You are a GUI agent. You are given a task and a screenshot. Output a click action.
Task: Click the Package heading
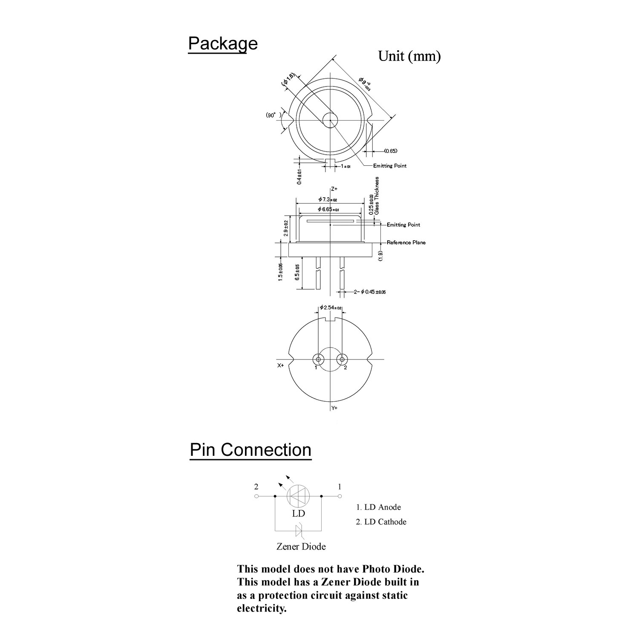click(223, 44)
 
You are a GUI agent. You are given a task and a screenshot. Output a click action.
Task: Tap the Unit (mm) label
click(409, 56)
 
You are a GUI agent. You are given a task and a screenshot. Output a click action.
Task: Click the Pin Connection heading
click(250, 450)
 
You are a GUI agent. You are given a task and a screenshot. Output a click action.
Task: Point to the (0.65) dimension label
click(390, 151)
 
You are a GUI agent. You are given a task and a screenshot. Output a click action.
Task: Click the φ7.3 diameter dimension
click(328, 199)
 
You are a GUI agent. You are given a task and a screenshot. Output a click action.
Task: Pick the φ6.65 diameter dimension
click(328, 209)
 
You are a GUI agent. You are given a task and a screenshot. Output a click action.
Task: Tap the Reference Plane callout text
click(406, 242)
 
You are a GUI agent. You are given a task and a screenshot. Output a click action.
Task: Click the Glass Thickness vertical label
click(377, 196)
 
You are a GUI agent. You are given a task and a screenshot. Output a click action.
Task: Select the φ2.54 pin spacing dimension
click(331, 308)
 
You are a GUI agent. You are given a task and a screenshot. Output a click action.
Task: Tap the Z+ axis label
click(334, 188)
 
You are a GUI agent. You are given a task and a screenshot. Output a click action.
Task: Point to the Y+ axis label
click(334, 408)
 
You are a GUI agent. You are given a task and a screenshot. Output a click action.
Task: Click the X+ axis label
click(281, 366)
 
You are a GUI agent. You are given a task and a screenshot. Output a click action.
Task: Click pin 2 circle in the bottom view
click(341, 359)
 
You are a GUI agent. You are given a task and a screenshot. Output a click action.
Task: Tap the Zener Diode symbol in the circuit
click(299, 531)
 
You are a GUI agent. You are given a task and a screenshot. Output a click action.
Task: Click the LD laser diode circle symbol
click(298, 496)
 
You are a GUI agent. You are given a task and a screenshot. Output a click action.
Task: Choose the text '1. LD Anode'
click(378, 507)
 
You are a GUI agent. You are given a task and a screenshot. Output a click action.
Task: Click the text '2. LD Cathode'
click(381, 522)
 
